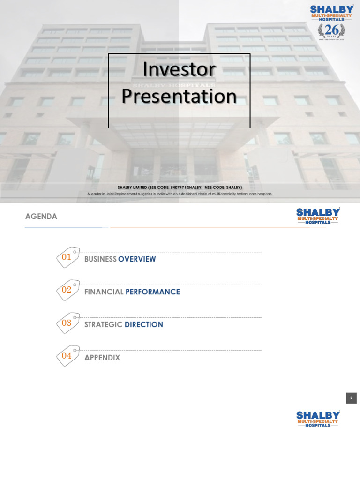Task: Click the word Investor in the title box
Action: tap(179, 69)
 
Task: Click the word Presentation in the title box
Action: tap(179, 96)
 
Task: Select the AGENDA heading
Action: tap(41, 217)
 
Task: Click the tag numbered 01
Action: tap(67, 257)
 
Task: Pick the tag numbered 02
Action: tap(67, 290)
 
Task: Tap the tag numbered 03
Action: tap(67, 323)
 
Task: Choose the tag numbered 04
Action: tap(67, 356)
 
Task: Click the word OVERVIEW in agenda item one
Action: tap(137, 259)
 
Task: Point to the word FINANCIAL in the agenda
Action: tap(104, 292)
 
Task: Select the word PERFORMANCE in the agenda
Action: tap(153, 292)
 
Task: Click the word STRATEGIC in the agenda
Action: tap(103, 325)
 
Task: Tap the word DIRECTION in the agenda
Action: tap(144, 325)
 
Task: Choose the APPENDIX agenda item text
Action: tap(102, 358)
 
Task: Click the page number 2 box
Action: tap(351, 398)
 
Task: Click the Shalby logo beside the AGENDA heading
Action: tap(318, 216)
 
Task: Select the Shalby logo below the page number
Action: tap(318, 419)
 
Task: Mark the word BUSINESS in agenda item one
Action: tap(100, 259)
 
